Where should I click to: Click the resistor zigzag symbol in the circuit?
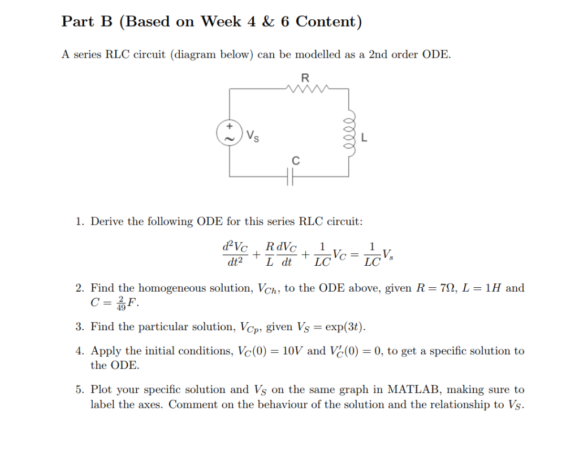(x=305, y=88)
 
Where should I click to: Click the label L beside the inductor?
(x=365, y=137)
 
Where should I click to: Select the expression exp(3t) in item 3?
(x=345, y=327)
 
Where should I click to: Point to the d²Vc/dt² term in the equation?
(x=235, y=254)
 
